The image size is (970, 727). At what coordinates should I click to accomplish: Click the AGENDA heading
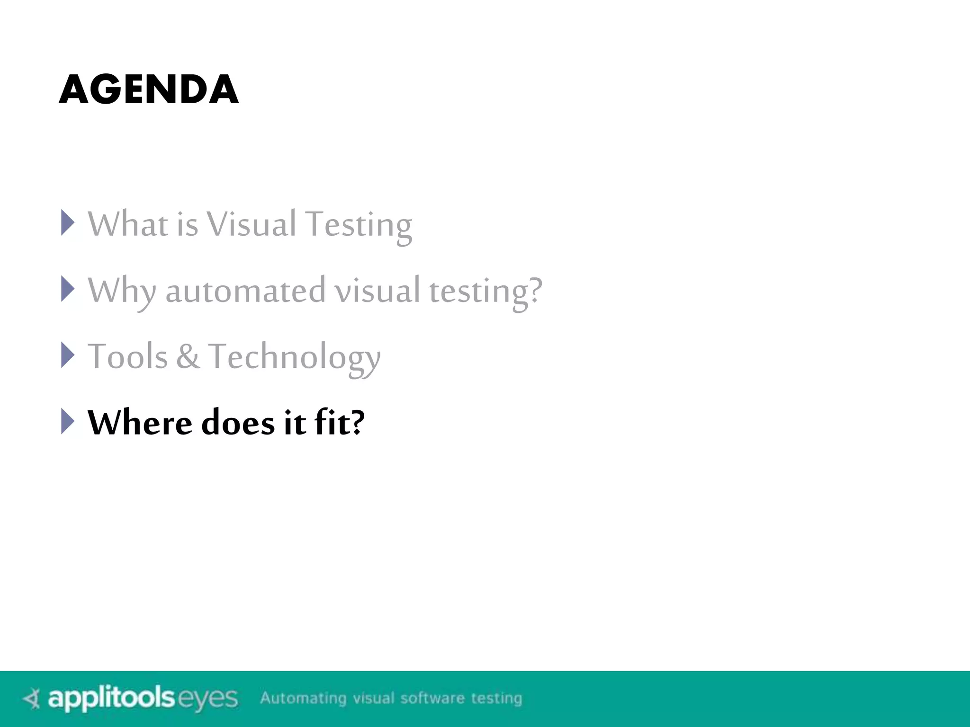point(149,89)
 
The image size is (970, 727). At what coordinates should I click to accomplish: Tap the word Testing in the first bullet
point(359,225)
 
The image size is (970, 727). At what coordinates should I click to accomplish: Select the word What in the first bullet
point(128,224)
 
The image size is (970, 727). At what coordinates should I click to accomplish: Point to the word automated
point(245,291)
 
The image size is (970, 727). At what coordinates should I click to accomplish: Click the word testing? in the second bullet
point(485,292)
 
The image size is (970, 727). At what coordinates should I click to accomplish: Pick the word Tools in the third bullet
point(128,356)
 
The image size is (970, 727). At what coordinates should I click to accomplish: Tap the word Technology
point(294,358)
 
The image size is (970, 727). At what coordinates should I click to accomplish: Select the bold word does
point(238,422)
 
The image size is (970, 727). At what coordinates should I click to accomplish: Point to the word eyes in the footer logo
point(207,699)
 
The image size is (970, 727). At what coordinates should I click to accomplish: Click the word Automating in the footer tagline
point(303,699)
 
